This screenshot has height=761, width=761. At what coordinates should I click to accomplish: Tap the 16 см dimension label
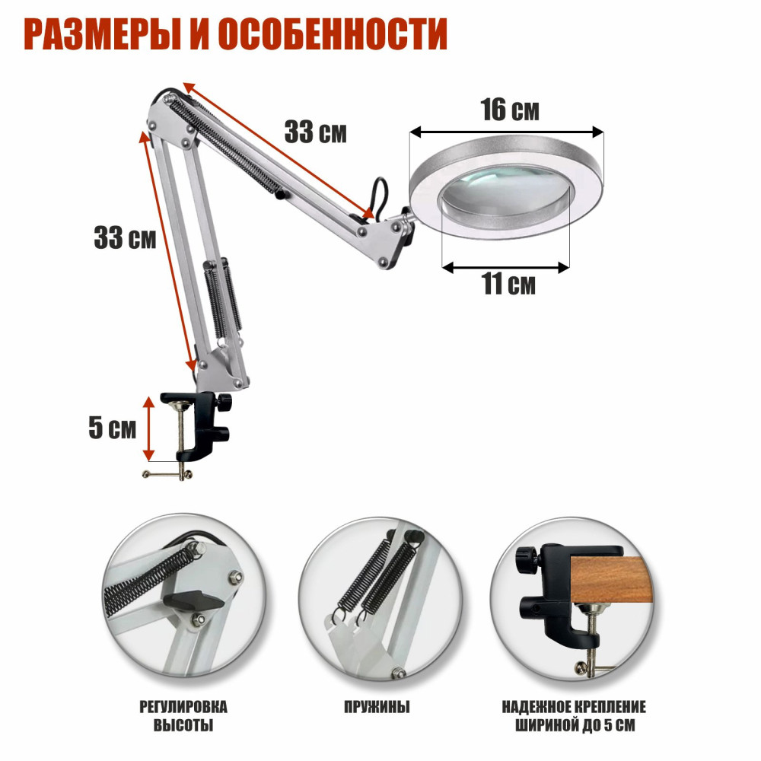(510, 110)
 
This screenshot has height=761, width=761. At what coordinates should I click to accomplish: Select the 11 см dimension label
(508, 284)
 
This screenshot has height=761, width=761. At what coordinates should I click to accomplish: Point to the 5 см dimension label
(112, 428)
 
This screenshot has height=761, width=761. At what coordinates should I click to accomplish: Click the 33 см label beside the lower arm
(125, 237)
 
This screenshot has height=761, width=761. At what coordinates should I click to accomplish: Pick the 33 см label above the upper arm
(316, 132)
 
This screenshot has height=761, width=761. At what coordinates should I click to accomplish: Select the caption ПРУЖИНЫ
(377, 707)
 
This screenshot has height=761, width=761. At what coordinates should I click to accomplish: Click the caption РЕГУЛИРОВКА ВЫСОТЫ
(183, 716)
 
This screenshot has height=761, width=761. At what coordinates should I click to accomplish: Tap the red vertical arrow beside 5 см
(148, 428)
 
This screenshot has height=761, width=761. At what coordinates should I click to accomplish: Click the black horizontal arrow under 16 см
(507, 132)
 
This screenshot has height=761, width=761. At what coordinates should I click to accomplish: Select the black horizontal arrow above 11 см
(506, 267)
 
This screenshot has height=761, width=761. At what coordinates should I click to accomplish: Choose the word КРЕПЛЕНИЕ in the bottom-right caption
(607, 707)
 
